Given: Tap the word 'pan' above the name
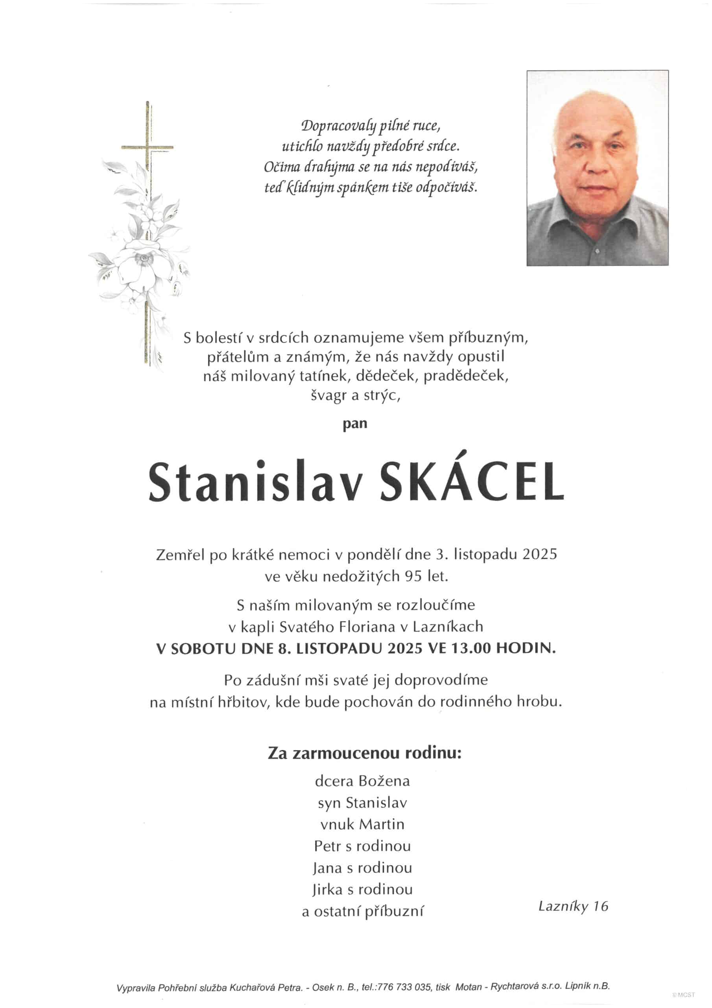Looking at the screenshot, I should point(355,424).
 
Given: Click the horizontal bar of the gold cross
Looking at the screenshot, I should point(148,147).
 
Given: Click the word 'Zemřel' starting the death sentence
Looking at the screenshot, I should point(180,554).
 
